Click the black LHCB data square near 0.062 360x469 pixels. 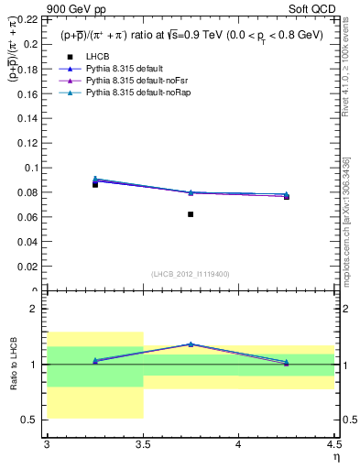pos(191,214)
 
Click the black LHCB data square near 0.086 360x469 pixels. pos(94,184)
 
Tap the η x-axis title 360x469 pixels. pos(335,456)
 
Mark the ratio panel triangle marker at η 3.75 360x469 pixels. pos(191,344)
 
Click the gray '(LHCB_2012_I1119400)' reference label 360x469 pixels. pos(190,274)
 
